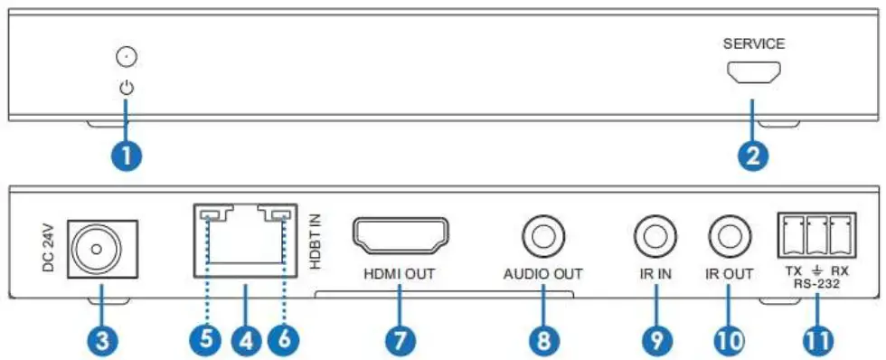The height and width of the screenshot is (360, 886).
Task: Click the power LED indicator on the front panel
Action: point(127,59)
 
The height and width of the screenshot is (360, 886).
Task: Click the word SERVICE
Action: point(753,43)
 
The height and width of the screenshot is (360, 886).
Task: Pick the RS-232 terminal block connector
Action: point(815,233)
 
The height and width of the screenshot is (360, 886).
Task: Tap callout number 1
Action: point(127,154)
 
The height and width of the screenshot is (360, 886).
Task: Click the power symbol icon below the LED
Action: point(127,89)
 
